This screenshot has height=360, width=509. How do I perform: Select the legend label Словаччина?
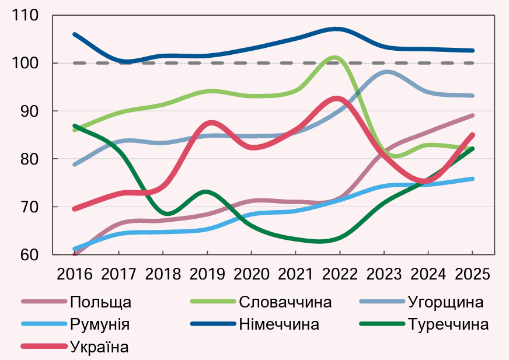[285, 302]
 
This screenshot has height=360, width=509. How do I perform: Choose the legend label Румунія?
[99, 324]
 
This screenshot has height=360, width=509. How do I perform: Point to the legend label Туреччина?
[448, 324]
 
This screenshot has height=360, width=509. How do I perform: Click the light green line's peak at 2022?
[334, 57]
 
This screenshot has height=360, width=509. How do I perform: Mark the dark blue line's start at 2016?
[75, 34]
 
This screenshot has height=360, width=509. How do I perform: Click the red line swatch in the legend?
[43, 347]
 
